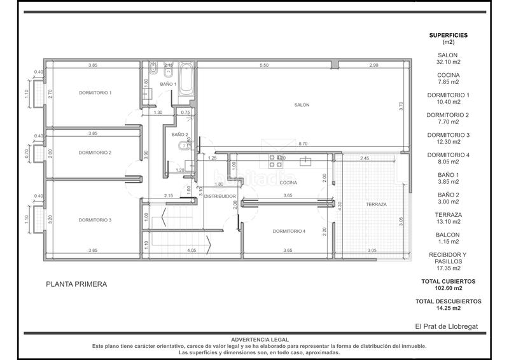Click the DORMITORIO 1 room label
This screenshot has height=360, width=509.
pyautogui.click(x=95, y=93)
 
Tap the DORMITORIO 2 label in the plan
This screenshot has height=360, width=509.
pyautogui.click(x=95, y=153)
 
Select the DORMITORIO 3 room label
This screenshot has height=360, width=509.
pyautogui.click(x=95, y=220)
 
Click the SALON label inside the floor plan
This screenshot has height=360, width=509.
pyautogui.click(x=302, y=105)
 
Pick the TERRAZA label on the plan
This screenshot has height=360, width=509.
pyautogui.click(x=377, y=204)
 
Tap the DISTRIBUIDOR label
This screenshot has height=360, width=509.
pyautogui.click(x=220, y=196)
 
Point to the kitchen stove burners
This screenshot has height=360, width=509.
pyautogui.click(x=276, y=158)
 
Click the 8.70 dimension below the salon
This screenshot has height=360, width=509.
pyautogui.click(x=303, y=144)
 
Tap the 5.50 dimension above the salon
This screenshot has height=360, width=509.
pyautogui.click(x=263, y=66)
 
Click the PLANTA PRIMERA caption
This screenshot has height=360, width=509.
pyautogui.click(x=76, y=284)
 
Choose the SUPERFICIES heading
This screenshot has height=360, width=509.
pyautogui.click(x=449, y=35)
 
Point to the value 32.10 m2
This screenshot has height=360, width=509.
pyautogui.click(x=449, y=62)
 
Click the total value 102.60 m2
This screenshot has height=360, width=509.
pyautogui.click(x=449, y=287)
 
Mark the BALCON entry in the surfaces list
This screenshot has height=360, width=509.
pyautogui.click(x=449, y=234)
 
